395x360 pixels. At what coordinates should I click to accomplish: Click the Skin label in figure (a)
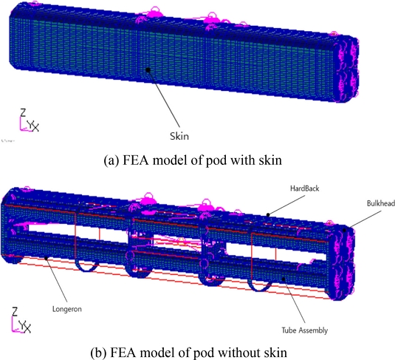pyautogui.click(x=179, y=136)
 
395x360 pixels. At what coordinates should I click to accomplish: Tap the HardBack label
pyautogui.click(x=305, y=189)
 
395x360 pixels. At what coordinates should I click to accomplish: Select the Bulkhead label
pyautogui.click(x=381, y=203)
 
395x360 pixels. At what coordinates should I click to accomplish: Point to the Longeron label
pyautogui.click(x=67, y=309)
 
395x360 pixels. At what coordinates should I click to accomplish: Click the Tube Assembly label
pyautogui.click(x=305, y=330)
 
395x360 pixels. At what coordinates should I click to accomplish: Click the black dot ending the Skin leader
pyautogui.click(x=148, y=69)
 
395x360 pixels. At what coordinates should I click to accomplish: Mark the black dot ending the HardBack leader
pyautogui.click(x=268, y=215)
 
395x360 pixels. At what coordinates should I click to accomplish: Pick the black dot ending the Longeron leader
pyautogui.click(x=46, y=258)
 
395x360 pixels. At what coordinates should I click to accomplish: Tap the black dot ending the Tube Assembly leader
pyautogui.click(x=284, y=279)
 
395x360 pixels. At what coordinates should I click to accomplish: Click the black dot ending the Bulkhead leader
pyautogui.click(x=345, y=230)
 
